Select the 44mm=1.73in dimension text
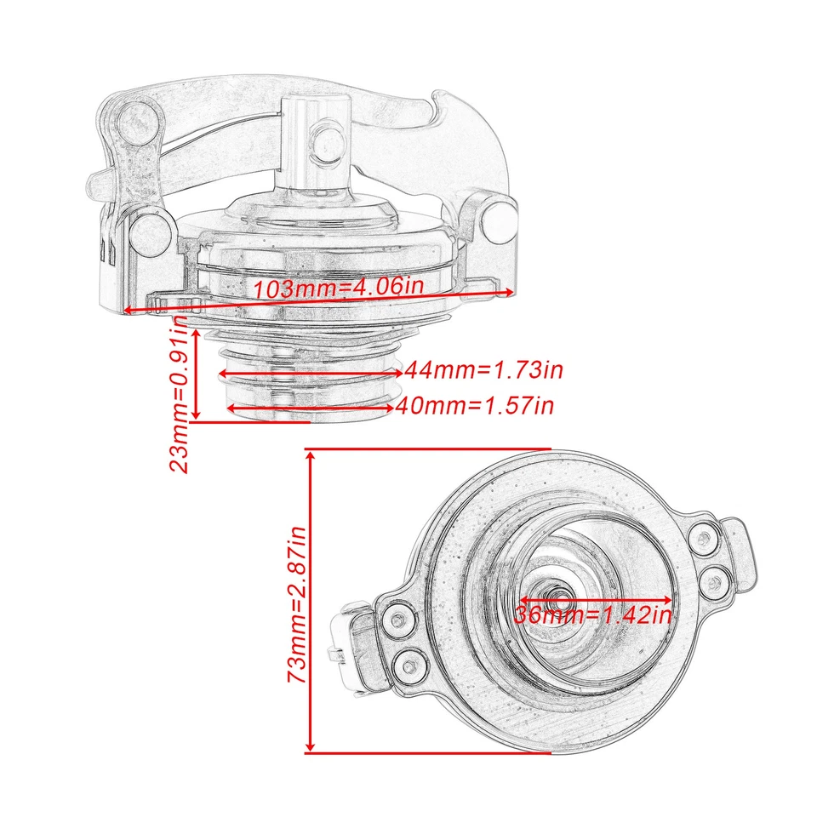coord(484,370)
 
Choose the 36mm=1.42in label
coord(594,614)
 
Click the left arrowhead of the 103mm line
coord(128,311)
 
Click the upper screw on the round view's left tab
coord(397,619)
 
